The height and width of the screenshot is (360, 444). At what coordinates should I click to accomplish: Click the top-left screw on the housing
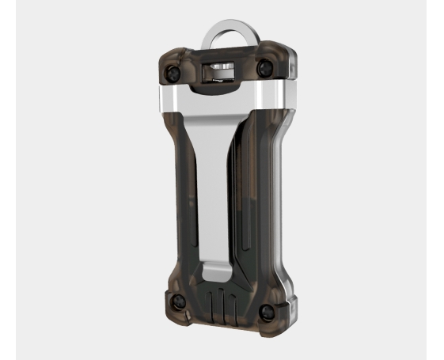(171, 73)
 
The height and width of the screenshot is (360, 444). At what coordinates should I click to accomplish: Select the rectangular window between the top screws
(221, 72)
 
